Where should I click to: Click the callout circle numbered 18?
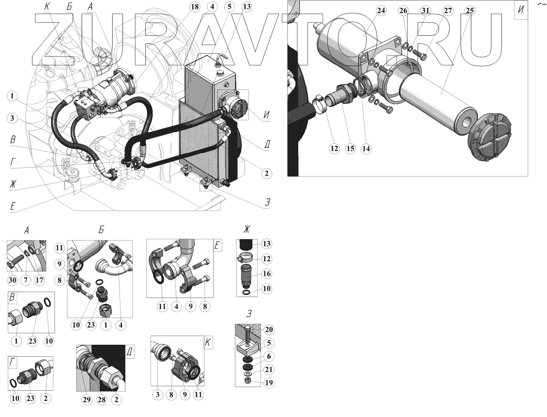pyautogui.click(x=194, y=7)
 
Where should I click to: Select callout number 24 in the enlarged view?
pyautogui.click(x=381, y=11)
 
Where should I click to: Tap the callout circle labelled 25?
pyautogui.click(x=470, y=11)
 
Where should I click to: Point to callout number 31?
pyautogui.click(x=425, y=11)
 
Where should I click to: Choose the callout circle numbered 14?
pyautogui.click(x=366, y=149)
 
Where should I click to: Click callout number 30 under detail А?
pyautogui.click(x=13, y=280)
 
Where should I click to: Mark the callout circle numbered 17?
pyautogui.click(x=39, y=280)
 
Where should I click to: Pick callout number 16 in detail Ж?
pyautogui.click(x=267, y=273)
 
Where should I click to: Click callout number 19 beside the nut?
pyautogui.click(x=269, y=383)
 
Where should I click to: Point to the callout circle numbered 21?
pyautogui.click(x=269, y=369)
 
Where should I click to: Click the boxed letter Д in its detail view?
pyautogui.click(x=129, y=351)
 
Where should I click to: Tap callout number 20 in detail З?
pyautogui.click(x=269, y=330)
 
